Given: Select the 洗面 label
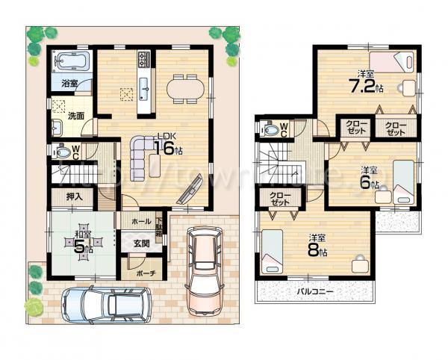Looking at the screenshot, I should click(75, 116).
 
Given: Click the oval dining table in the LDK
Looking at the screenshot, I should click(183, 87).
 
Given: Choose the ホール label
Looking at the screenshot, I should click(141, 222).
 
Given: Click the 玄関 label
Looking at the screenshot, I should click(142, 243).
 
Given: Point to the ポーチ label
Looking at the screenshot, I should click(146, 273).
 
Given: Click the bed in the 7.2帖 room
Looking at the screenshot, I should click(392, 63).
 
